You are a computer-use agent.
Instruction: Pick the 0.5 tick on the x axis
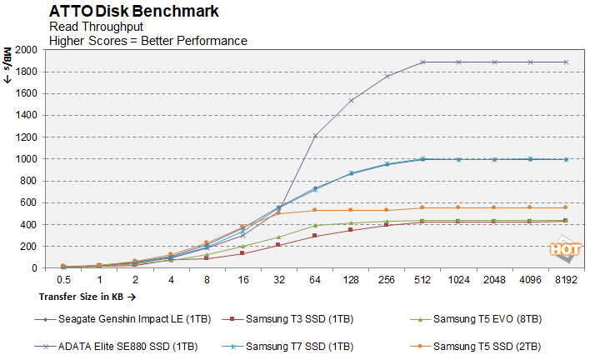click(62, 280)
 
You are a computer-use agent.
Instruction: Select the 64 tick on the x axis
click(315, 280)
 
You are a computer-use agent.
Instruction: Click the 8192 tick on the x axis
click(566, 280)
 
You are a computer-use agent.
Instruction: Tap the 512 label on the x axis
click(422, 280)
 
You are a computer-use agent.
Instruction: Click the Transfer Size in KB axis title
click(87, 296)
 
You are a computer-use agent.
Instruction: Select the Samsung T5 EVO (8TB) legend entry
click(482, 318)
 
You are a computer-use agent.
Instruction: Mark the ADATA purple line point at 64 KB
click(315, 135)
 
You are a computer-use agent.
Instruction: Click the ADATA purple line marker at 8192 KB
click(566, 62)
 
